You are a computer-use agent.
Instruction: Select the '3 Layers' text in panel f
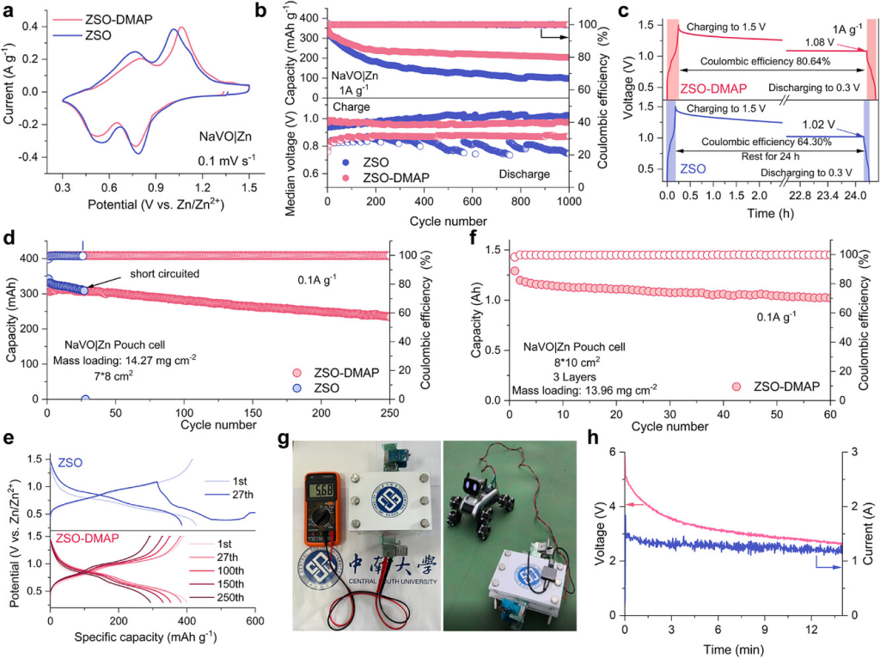point(544,375)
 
